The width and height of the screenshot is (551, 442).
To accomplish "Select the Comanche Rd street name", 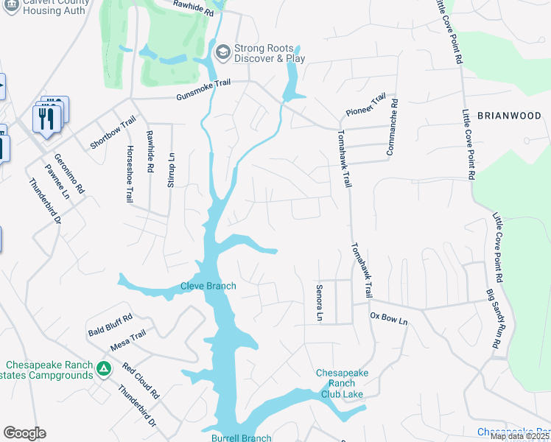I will (391, 127).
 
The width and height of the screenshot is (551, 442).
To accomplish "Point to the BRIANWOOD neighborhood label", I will (509, 116).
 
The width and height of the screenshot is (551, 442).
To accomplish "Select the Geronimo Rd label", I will (69, 174).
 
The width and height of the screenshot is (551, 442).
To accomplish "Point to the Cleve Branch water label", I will (208, 286).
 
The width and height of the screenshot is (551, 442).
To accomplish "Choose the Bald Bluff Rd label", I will (110, 320).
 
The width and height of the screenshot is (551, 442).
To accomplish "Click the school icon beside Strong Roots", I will (222, 53).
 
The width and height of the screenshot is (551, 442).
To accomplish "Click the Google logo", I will (24, 433).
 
